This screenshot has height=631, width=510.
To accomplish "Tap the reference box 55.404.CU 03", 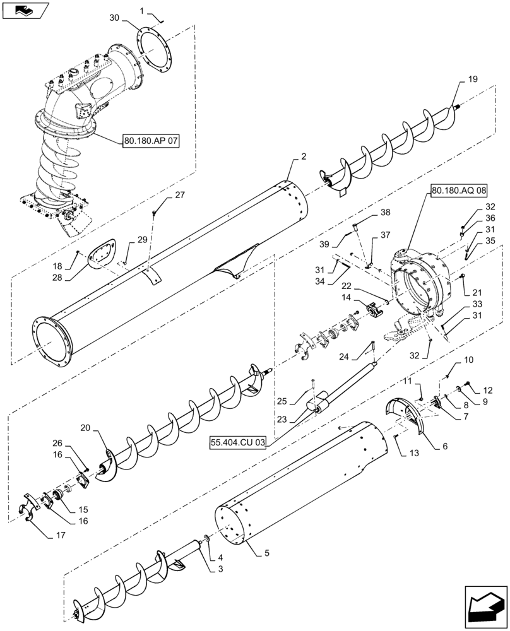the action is pyautogui.click(x=239, y=443).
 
